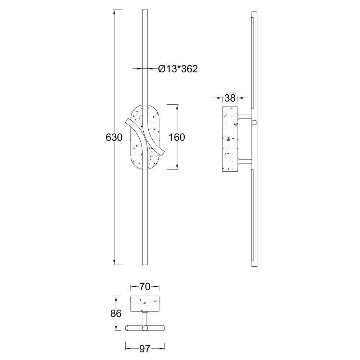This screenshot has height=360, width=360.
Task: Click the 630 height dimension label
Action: click(x=114, y=137)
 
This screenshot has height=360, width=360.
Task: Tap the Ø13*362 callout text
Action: click(x=178, y=69)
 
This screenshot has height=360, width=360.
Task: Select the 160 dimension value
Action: click(x=177, y=137)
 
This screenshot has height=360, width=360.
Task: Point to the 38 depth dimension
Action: click(x=230, y=98)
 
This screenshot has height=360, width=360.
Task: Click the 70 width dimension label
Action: click(x=145, y=287)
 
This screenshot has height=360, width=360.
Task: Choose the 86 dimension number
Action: click(x=116, y=314)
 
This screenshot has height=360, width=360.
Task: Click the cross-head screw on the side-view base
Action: click(x=228, y=139)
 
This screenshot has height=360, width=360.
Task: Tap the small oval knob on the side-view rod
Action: click(x=254, y=123)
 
